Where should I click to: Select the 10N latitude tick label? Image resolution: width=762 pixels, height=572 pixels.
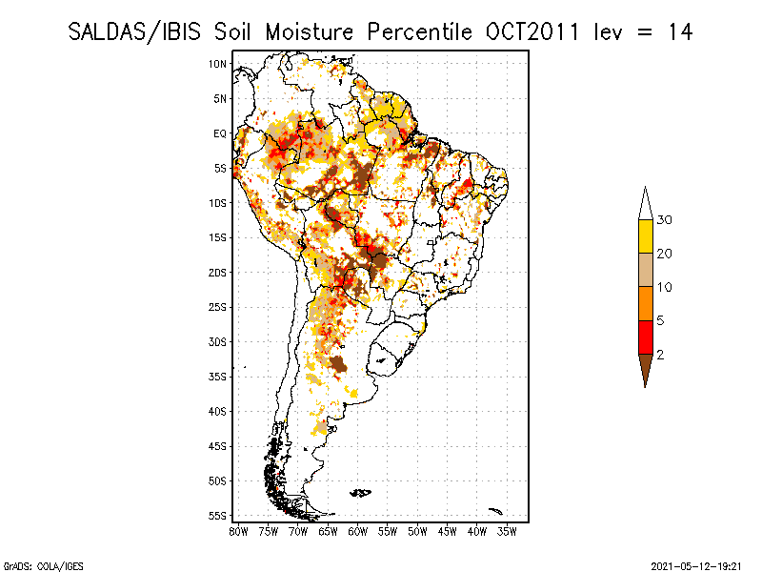coord(218,64)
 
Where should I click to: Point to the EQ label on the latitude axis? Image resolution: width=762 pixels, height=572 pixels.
coord(220,133)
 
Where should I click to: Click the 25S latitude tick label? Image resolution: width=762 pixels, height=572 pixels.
coord(218,307)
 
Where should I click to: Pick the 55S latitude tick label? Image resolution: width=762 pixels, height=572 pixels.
coord(218,516)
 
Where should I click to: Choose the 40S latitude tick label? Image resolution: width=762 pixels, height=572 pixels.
coord(218,411)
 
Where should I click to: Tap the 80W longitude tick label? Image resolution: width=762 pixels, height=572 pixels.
coord(238,531)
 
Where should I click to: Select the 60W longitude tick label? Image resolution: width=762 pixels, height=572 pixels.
coord(358,531)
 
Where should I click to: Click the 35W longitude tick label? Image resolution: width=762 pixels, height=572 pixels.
coord(507,531)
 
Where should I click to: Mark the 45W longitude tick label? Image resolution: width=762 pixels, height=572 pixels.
coord(448,531)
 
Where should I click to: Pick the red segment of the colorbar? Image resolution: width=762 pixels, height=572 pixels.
coord(645,337)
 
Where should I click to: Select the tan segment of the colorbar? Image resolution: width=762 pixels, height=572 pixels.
coord(645,270)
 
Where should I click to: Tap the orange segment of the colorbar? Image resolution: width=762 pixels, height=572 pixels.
coord(645,303)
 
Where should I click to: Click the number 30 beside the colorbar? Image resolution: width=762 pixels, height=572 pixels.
coord(665,220)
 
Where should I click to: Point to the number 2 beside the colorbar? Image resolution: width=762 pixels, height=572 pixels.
coord(661,354)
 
